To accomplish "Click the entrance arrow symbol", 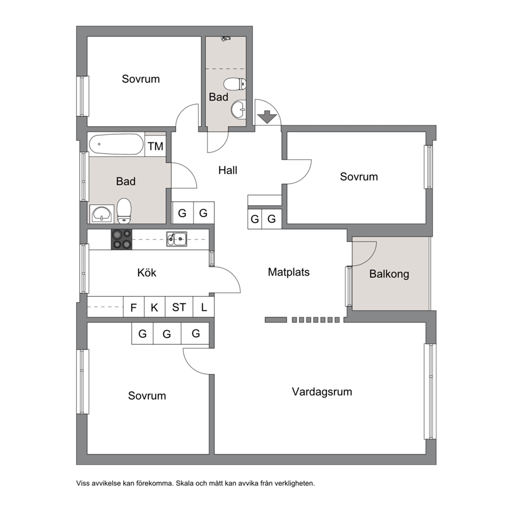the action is pos(267,117).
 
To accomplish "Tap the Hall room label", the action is pos(228,170).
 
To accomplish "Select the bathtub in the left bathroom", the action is pos(116,144).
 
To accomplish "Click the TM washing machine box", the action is pos(156,146).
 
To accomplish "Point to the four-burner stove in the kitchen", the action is pos(122,239).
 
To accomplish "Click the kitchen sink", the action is pos(177,239).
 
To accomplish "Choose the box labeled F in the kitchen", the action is pos(133,307).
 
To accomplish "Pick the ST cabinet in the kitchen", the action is pos(179,307).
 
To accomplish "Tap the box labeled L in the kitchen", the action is pos(204,307).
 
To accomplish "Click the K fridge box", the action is pos(155,307).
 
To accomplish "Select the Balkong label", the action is pos(389,274).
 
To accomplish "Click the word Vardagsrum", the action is pos(322,391).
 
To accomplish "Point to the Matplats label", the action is pos(289,272).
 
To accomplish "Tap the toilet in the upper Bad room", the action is pos(235,84).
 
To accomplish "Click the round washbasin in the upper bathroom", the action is pos(238,109).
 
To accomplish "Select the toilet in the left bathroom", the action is pos(124,210).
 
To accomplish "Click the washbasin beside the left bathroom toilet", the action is pos(102,214).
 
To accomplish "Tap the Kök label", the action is pos(146,273).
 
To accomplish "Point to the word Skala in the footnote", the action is pos(185,483).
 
